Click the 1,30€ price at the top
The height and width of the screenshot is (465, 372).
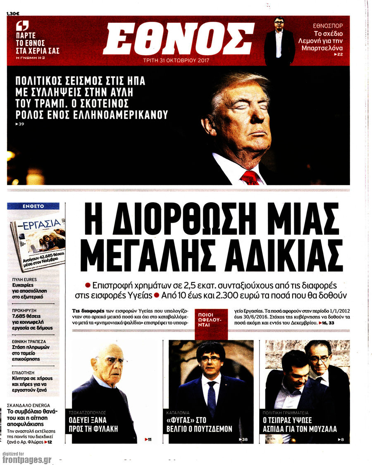click(x=13, y=14)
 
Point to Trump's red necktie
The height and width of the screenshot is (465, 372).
click(x=250, y=178)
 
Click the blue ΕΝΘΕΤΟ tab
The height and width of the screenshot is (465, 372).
click(x=33, y=206)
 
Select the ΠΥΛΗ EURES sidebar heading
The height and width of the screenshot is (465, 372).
click(x=25, y=280)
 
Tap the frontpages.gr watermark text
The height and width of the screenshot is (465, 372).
click(x=26, y=460)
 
